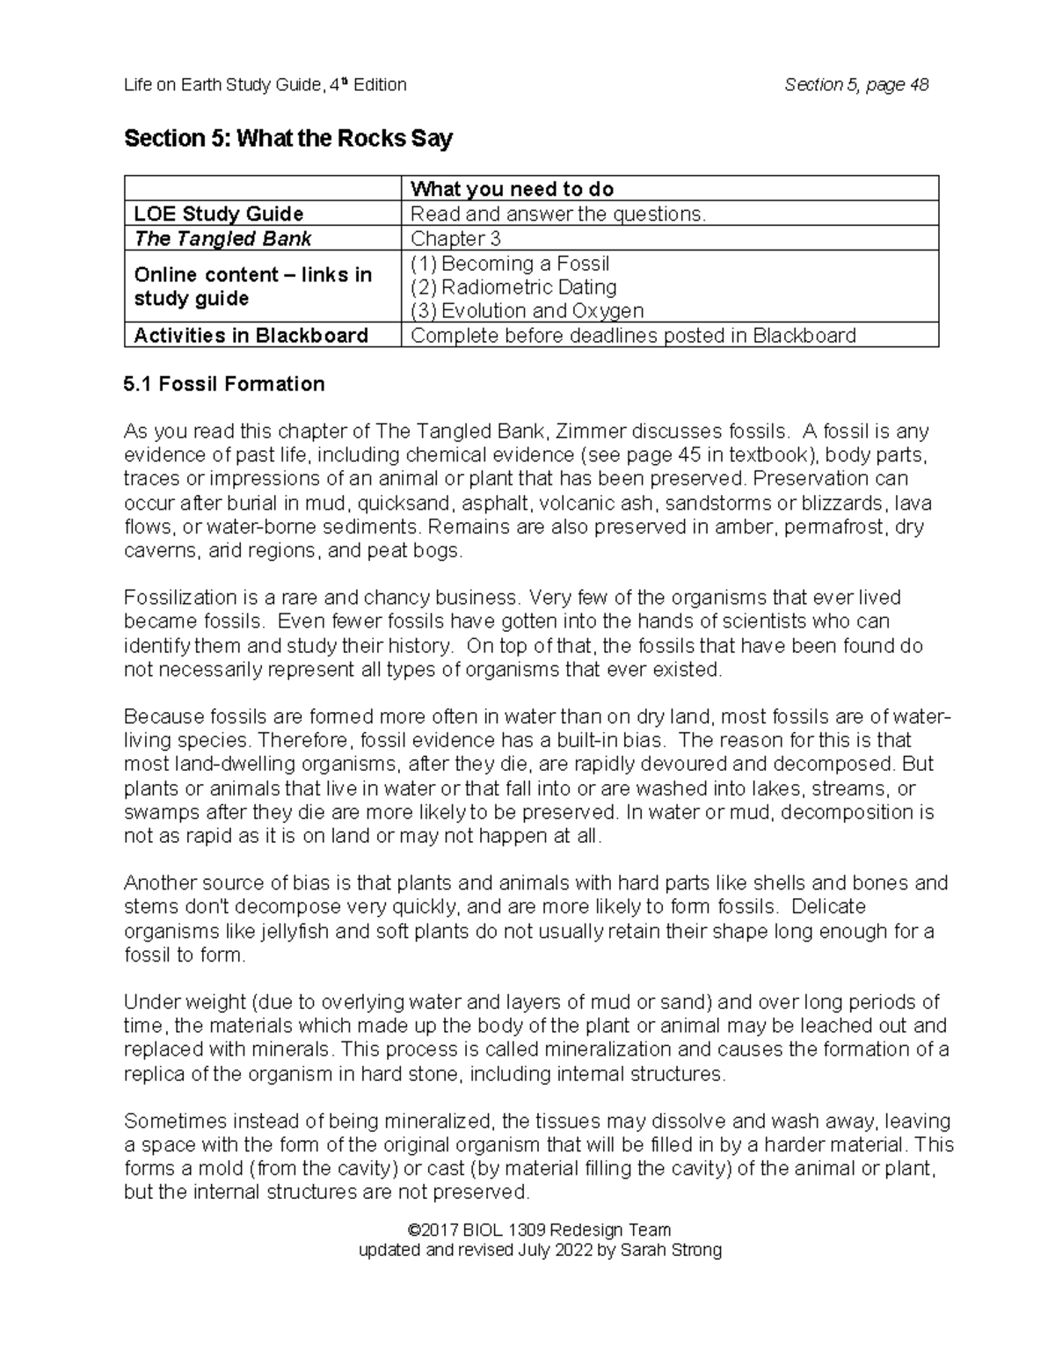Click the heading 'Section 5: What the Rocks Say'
[287, 139]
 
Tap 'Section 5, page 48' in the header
[856, 84]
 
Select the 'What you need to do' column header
[512, 189]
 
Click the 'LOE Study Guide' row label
[218, 214]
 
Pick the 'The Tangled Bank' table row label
[222, 238]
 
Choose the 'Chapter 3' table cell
[449, 238]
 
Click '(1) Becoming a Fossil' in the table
[510, 264]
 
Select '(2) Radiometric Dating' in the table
[513, 287]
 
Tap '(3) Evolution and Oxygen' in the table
[527, 311]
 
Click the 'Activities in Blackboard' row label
[251, 336]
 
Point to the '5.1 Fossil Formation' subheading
[224, 384]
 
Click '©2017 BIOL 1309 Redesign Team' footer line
[540, 1230]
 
